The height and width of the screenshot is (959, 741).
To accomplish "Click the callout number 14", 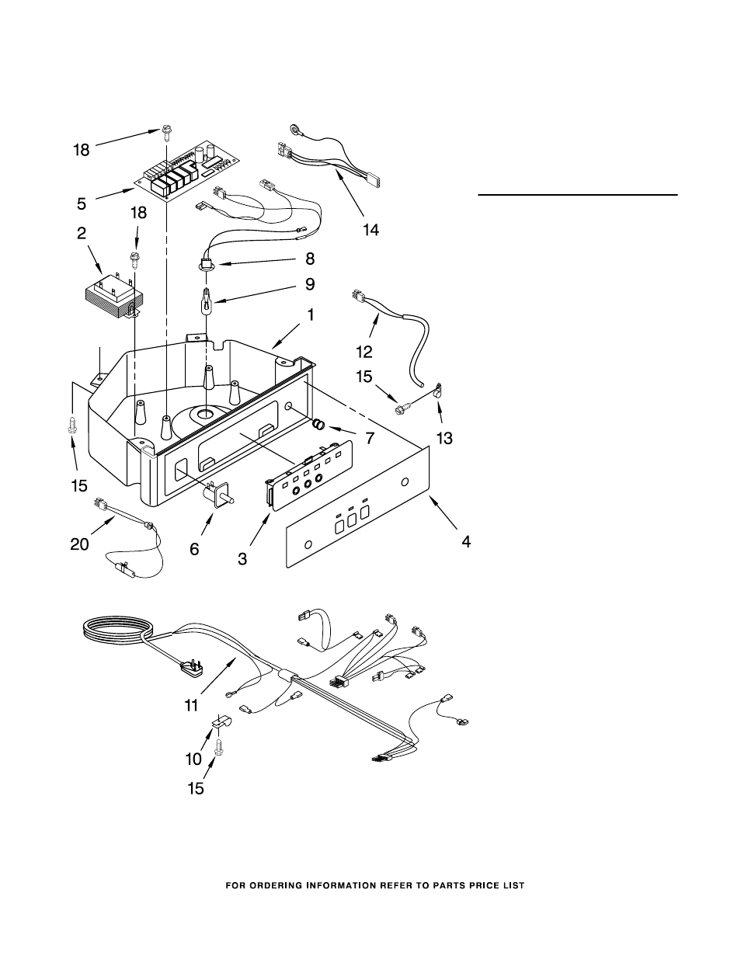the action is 370,230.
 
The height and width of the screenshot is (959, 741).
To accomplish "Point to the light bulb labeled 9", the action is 207,301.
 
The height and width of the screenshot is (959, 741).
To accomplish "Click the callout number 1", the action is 311,314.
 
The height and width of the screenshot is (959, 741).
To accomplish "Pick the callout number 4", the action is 466,541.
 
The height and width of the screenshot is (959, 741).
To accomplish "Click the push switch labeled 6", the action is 219,495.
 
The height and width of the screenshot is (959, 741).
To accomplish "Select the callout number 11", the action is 191,706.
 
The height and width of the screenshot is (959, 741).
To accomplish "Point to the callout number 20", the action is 79,544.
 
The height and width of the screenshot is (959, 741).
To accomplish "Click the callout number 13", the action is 444,438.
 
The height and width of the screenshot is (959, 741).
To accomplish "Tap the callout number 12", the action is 364,352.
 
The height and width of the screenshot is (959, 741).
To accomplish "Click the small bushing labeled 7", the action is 318,425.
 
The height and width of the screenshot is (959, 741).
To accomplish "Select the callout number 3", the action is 243,559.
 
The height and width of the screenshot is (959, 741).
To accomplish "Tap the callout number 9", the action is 310,285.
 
